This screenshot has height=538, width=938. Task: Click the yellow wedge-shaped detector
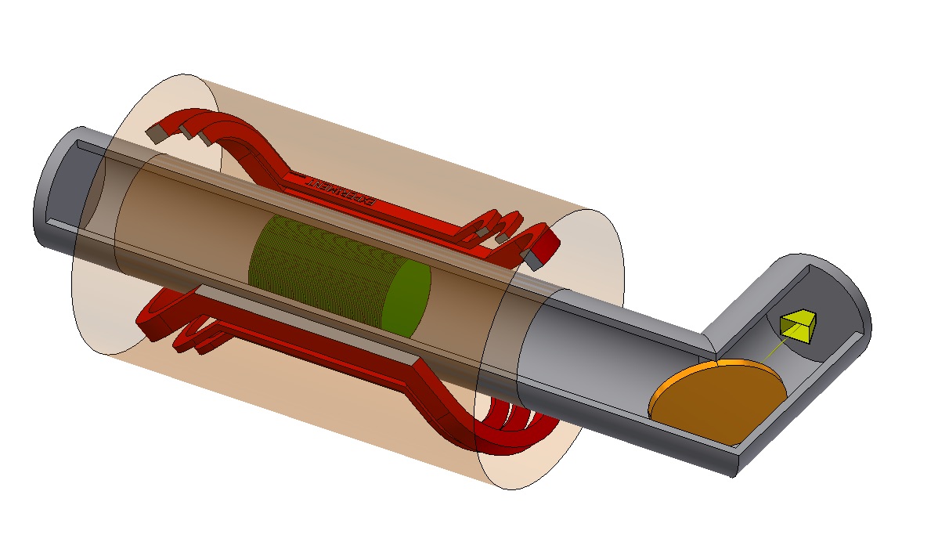coord(798,327)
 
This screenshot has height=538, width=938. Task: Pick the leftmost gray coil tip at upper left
coord(157,135)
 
